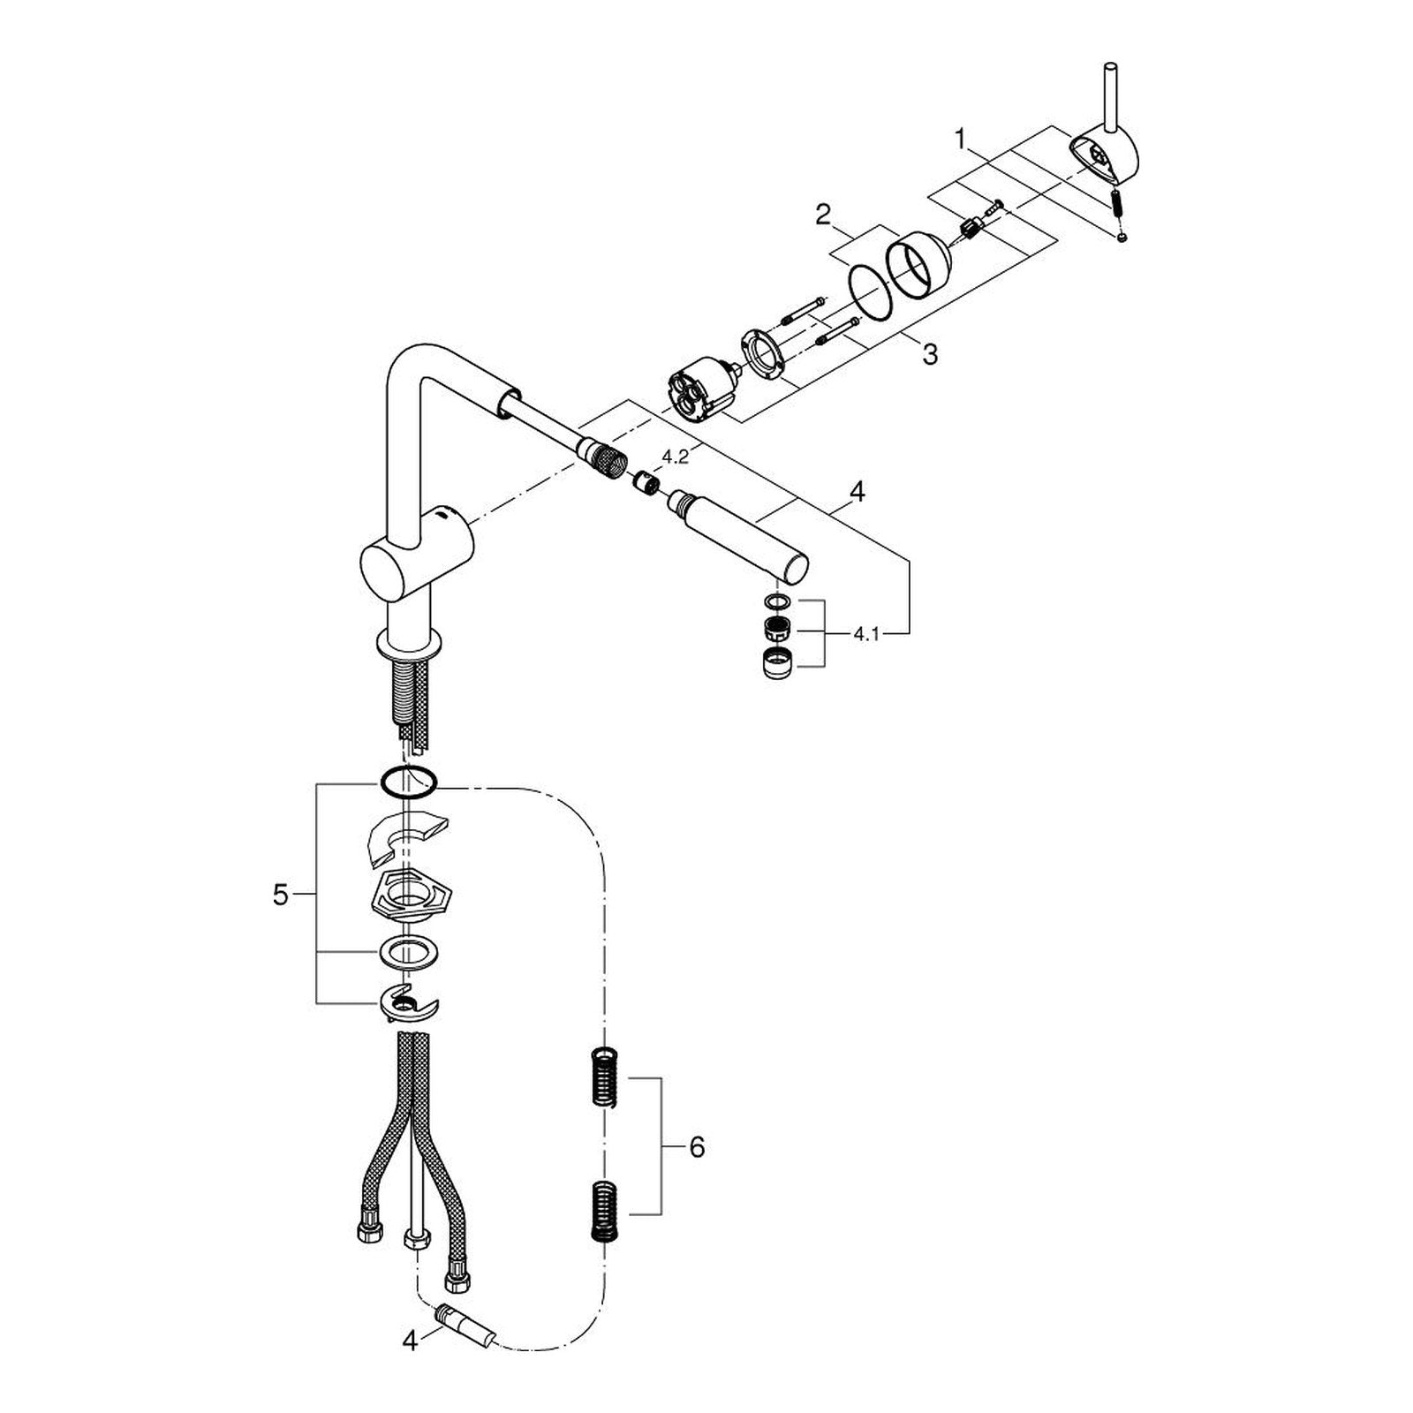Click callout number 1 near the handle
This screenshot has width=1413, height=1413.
point(962,140)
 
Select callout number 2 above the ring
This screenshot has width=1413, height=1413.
point(823,215)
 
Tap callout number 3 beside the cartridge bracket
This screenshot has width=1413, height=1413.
point(929,355)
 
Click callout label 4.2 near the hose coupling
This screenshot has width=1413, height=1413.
point(676,457)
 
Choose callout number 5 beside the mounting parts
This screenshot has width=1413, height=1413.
point(280,895)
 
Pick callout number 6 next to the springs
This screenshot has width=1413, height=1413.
point(697,1147)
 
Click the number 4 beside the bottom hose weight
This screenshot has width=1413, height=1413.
point(409,1365)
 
